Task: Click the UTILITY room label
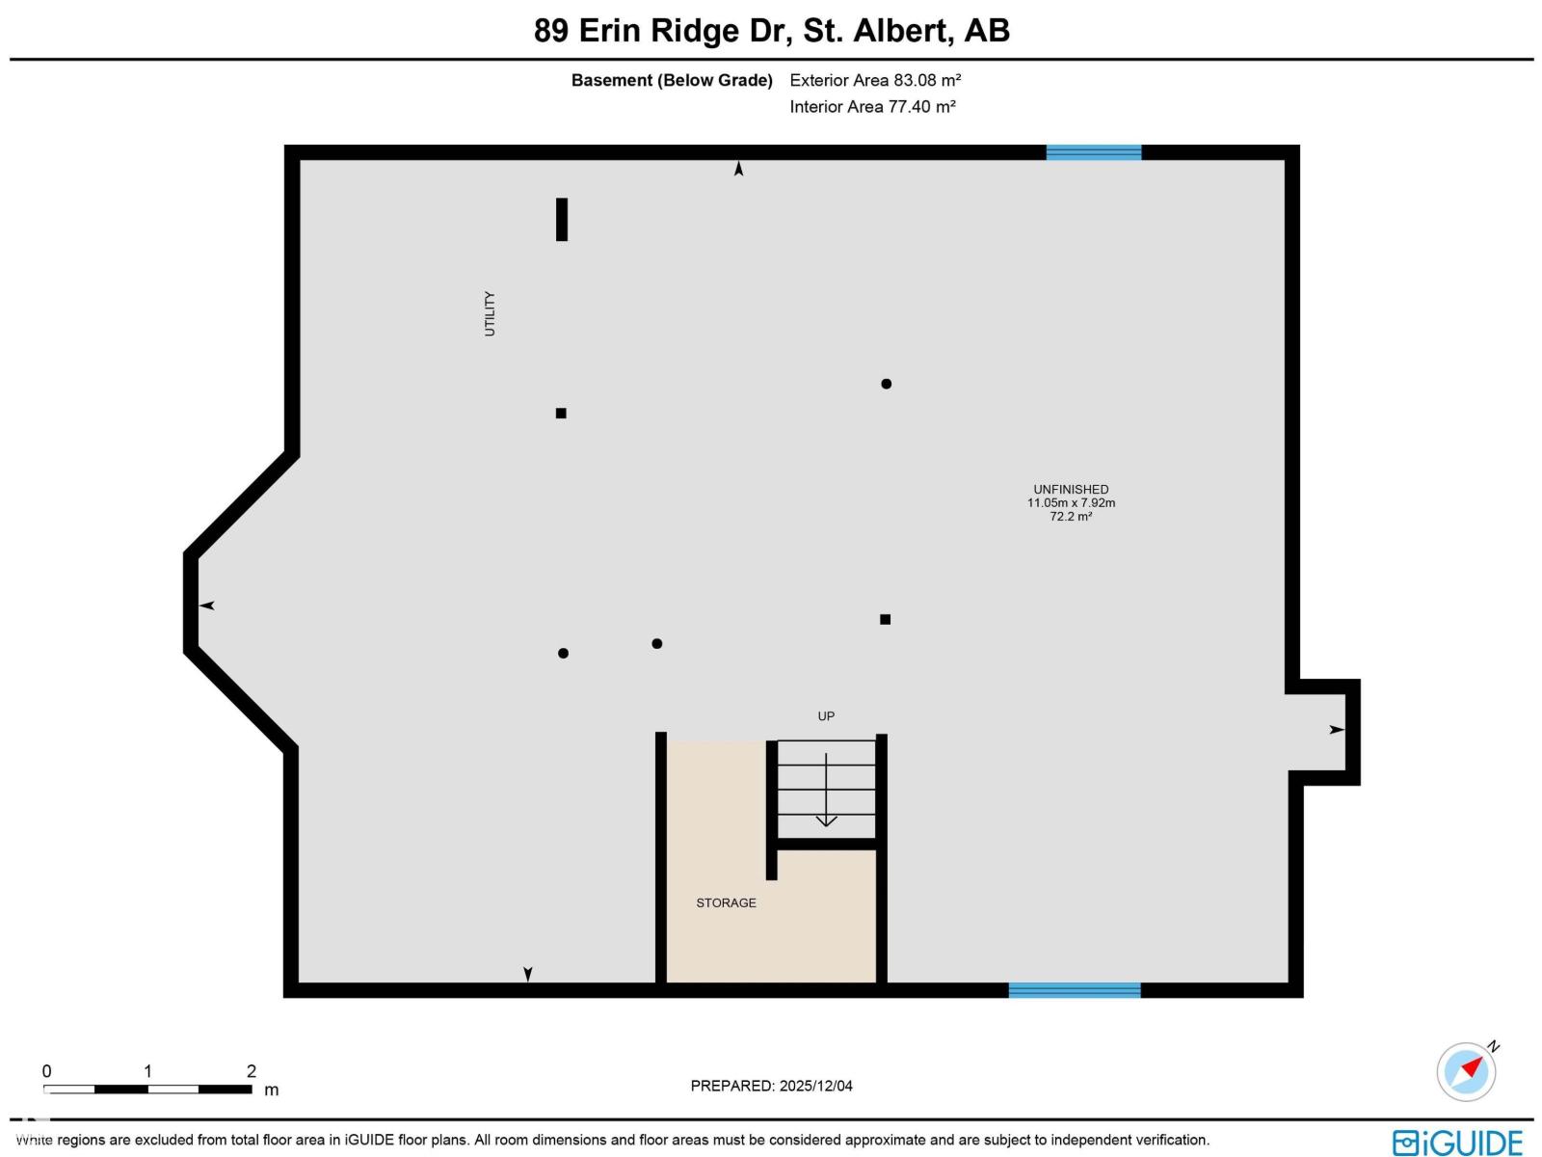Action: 490,313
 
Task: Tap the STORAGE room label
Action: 726,902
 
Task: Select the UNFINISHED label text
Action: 1071,489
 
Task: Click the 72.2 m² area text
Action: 1071,517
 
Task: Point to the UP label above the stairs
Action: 826,715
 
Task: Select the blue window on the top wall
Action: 1094,152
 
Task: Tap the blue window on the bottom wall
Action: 1075,989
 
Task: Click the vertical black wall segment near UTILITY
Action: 562,219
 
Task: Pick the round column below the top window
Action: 886,384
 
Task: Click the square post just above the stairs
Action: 885,619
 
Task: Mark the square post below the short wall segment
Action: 561,413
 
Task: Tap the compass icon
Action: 1467,1070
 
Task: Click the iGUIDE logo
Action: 1457,1142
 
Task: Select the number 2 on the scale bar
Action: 252,1070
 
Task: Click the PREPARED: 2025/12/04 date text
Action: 771,1086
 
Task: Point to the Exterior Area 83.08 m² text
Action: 875,80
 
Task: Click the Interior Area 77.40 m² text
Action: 872,106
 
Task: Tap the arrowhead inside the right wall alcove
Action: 1337,730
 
